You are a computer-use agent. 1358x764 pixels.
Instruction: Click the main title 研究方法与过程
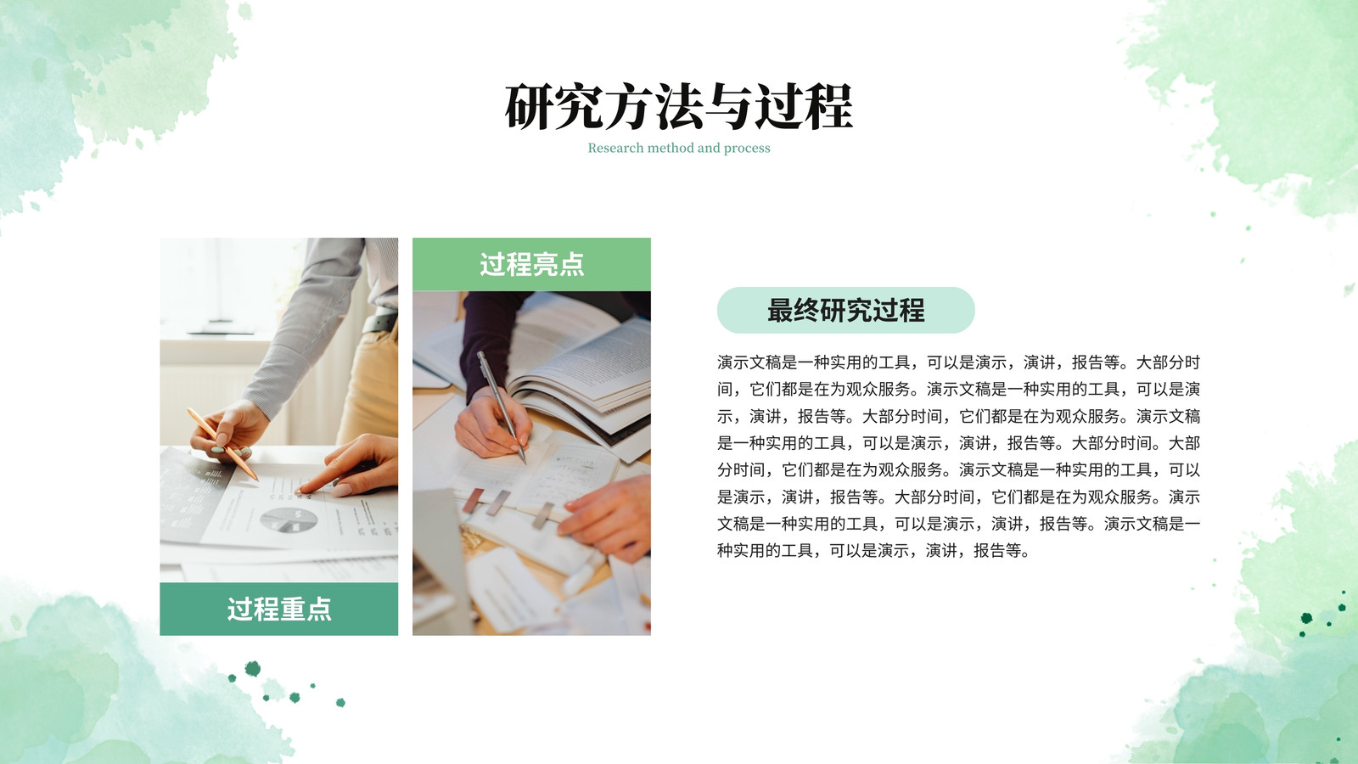pos(679,107)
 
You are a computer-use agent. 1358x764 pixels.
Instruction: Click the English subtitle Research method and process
pos(679,148)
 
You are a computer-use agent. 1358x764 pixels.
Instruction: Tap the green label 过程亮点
pos(531,264)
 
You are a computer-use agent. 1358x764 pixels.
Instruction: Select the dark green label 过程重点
pos(279,609)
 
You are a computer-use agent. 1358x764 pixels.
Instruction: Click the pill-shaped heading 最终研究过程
pos(845,310)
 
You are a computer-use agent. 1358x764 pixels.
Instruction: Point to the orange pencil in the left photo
pos(223,444)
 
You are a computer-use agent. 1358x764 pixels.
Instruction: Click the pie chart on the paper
pos(289,520)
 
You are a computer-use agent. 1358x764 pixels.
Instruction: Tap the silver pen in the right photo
pos(502,407)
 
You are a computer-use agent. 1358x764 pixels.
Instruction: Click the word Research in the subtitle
pos(615,148)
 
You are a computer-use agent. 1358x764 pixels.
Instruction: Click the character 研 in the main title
pos(530,107)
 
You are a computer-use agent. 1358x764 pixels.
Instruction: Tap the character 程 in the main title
pos(828,107)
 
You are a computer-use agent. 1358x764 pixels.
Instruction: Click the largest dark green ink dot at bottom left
pos(253,669)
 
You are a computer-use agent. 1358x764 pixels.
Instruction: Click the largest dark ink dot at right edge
pos(1306,618)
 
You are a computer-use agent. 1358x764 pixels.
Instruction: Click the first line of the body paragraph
pos(958,362)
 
